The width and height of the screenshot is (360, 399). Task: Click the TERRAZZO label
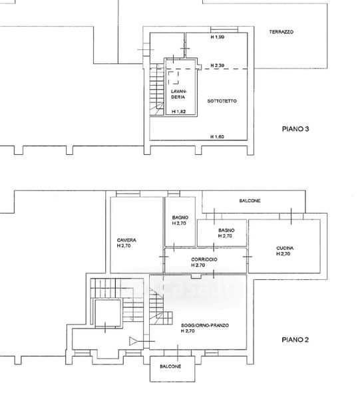click(x=281, y=32)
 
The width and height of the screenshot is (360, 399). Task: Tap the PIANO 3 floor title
click(x=295, y=129)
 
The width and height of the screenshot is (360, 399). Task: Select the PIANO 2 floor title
click(x=295, y=340)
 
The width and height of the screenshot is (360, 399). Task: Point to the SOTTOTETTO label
click(x=222, y=101)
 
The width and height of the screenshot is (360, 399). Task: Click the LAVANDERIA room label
click(x=178, y=94)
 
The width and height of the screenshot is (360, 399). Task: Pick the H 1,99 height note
click(x=218, y=37)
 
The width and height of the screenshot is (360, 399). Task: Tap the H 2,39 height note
click(x=218, y=65)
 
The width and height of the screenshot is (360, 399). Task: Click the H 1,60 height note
click(x=217, y=136)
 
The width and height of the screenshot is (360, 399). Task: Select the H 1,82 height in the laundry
click(x=179, y=112)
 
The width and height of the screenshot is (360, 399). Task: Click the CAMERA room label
click(x=126, y=240)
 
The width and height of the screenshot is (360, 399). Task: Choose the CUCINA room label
click(x=285, y=248)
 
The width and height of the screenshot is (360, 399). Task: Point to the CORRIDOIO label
click(x=204, y=259)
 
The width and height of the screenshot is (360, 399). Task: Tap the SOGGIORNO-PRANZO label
click(x=205, y=325)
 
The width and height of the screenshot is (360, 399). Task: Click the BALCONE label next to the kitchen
click(x=250, y=201)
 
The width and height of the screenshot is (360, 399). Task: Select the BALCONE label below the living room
click(x=170, y=366)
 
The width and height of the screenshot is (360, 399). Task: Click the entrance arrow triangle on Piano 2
click(x=133, y=341)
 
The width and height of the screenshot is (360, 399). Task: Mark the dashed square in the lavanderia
click(x=174, y=78)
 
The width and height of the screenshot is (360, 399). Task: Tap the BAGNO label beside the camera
click(x=180, y=217)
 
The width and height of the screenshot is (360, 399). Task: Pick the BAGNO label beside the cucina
click(x=226, y=230)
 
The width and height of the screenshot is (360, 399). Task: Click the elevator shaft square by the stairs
click(x=108, y=313)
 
